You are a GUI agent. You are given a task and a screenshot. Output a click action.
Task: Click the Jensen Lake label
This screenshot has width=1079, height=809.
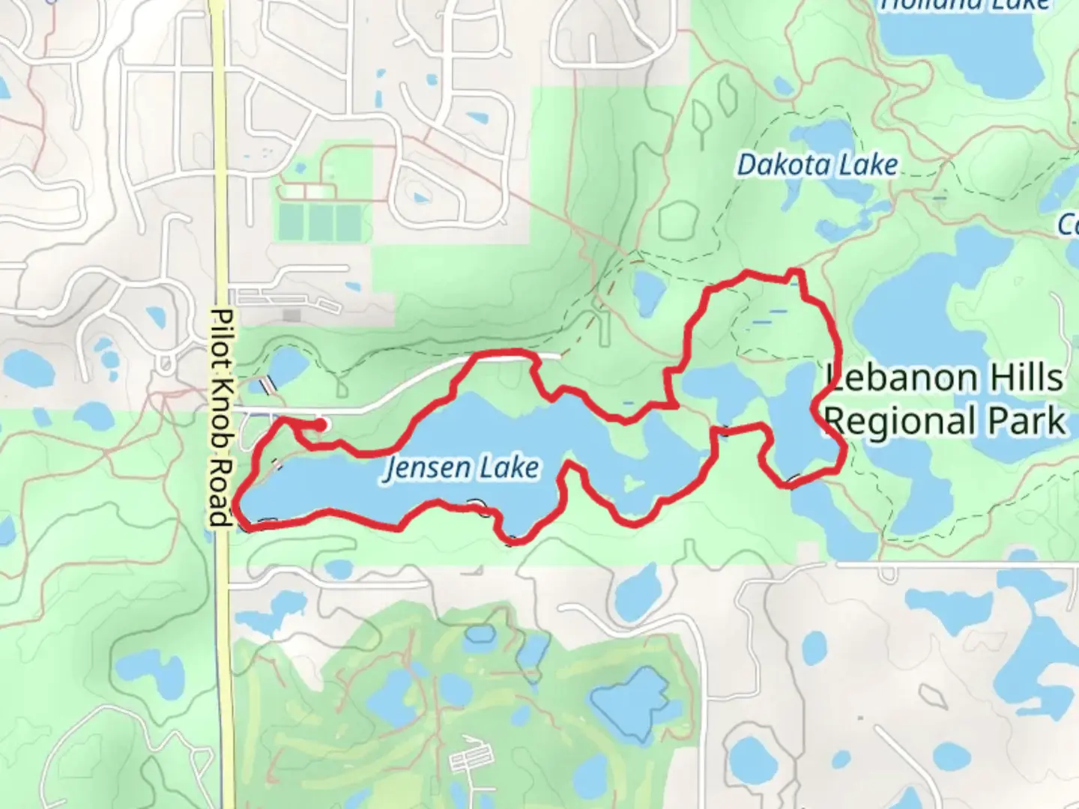(x=462, y=469)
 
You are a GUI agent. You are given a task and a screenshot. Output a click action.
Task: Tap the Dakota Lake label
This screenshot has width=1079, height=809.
(x=817, y=165)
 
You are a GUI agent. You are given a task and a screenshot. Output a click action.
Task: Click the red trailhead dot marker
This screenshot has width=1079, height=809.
(x=321, y=425)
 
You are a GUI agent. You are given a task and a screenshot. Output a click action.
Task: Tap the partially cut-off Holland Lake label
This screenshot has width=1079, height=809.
(x=965, y=6)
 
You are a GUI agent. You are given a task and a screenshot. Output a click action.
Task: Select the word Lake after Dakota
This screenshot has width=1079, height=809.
(x=868, y=165)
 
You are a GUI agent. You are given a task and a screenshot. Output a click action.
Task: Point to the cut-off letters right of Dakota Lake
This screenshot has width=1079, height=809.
(x=1069, y=224)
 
